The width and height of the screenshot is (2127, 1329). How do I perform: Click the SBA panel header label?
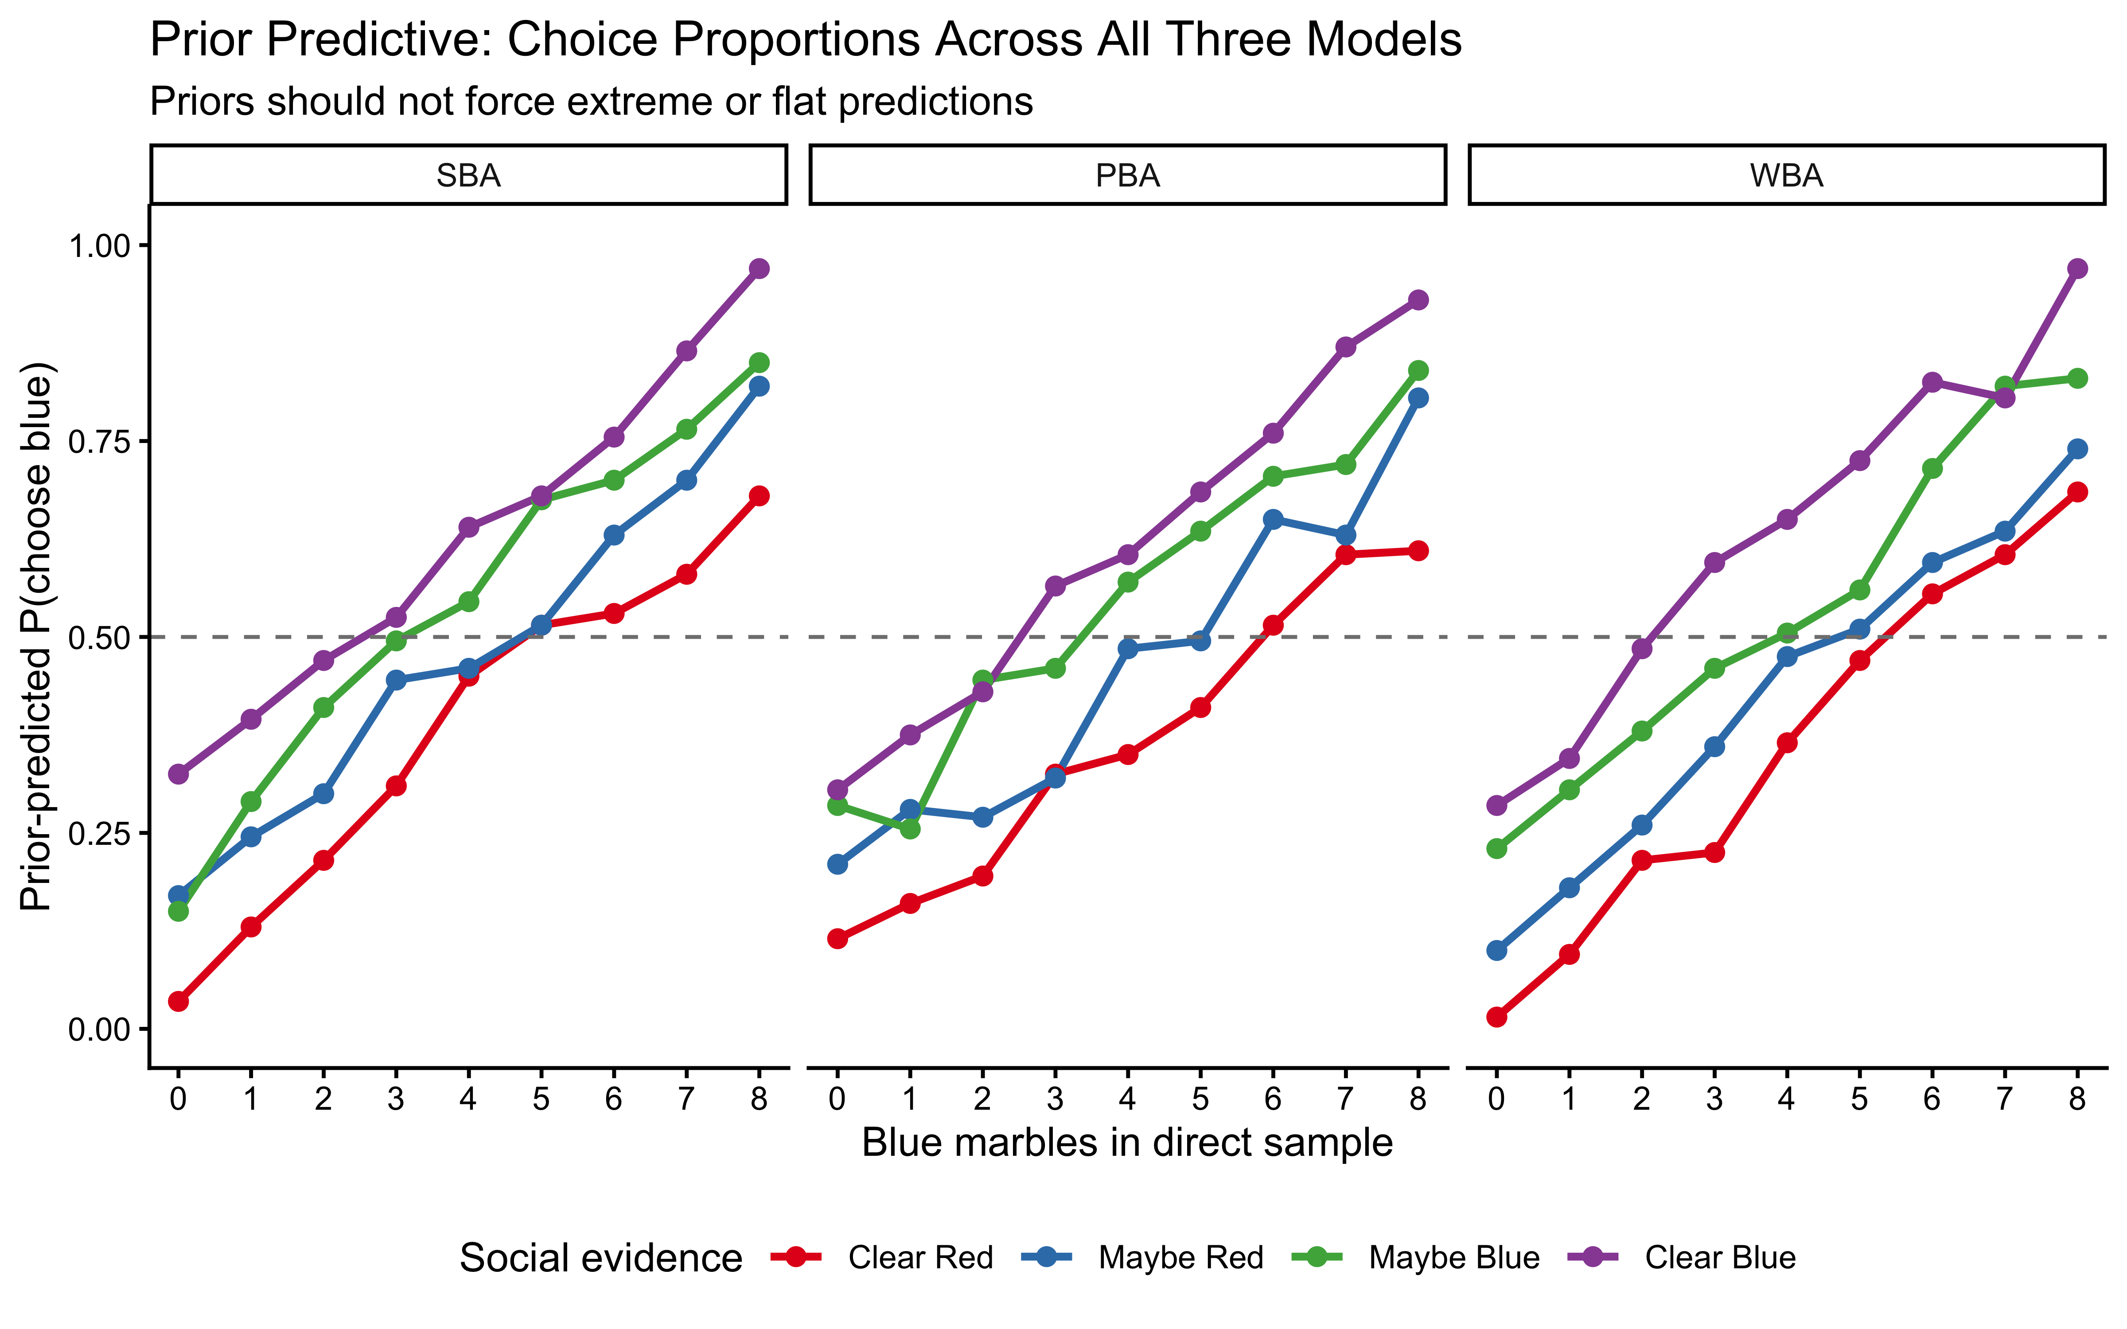click(468, 176)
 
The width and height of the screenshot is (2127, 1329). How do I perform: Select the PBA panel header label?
click(1128, 176)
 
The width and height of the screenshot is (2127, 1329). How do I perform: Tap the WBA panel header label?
click(1787, 176)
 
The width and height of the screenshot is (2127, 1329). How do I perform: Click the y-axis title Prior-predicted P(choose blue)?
click(37, 637)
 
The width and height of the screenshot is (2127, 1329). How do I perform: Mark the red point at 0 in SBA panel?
click(179, 1001)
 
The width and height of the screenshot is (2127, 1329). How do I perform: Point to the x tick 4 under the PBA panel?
click(1128, 1099)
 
